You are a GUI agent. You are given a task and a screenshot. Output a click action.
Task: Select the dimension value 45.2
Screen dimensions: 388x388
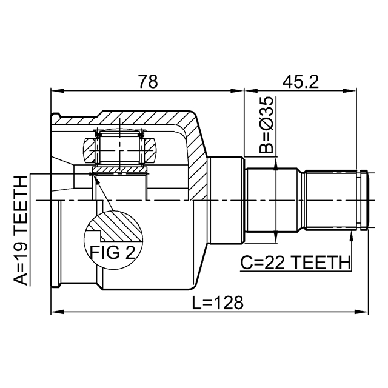300,82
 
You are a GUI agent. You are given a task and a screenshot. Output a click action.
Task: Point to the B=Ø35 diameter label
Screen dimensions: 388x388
267,125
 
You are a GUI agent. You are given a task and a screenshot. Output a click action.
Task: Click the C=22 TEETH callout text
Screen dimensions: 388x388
295,263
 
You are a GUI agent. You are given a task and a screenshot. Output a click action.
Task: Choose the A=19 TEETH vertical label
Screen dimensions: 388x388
20,230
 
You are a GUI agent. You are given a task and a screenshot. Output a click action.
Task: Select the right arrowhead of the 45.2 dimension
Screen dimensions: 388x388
365,92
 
